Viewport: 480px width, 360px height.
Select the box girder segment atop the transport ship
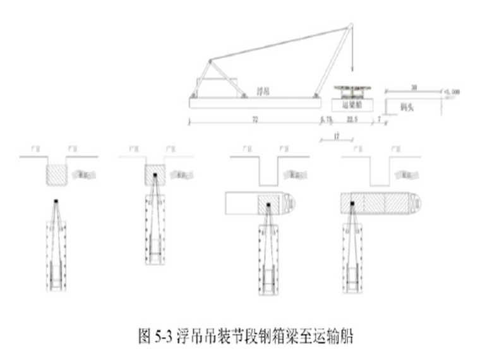(353, 88)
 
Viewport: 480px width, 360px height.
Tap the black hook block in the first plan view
(56, 201)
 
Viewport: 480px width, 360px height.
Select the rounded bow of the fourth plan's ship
(416, 203)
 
